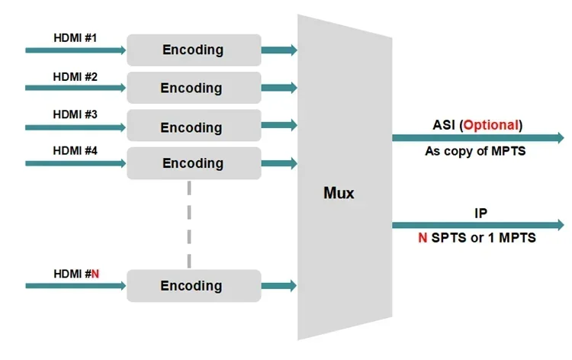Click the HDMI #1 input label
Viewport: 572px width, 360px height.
[76, 38]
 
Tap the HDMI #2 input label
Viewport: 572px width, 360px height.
[76, 77]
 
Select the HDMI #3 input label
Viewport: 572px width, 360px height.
[76, 114]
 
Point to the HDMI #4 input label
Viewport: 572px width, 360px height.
[76, 151]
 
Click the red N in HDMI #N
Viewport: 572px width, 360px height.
[95, 274]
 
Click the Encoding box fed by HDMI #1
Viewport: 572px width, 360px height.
[194, 50]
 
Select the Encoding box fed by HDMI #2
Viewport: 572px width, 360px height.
[194, 88]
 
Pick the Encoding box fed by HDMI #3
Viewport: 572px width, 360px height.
[194, 126]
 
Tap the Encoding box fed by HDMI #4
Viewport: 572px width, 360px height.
[194, 163]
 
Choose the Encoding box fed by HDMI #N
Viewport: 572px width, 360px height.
[194, 285]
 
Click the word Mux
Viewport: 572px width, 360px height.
[339, 193]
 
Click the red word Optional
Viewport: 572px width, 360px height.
[491, 125]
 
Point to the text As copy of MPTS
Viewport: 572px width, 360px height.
[475, 151]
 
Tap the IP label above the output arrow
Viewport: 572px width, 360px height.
[480, 213]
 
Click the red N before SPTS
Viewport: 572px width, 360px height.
[423, 238]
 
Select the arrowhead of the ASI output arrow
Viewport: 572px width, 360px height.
[561, 138]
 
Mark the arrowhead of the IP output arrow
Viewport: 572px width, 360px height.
[561, 225]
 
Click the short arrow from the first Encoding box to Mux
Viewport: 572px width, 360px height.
[279, 50]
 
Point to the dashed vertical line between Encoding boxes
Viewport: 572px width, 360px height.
[189, 224]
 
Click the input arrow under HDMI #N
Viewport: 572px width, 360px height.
[76, 286]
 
